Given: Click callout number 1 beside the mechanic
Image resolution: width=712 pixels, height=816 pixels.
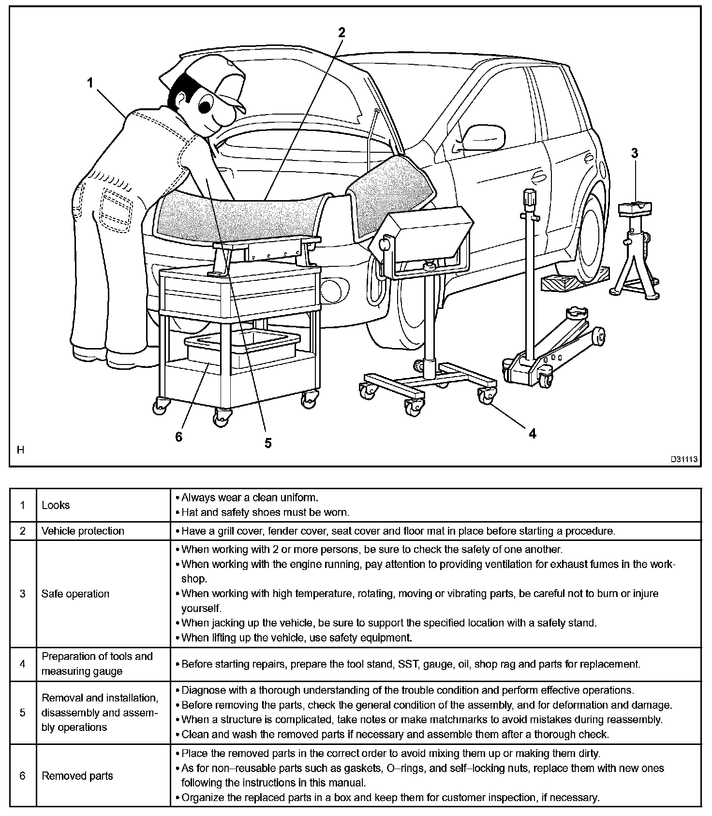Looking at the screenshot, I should [90, 83].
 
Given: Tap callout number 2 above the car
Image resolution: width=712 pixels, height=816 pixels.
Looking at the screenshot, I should [341, 32].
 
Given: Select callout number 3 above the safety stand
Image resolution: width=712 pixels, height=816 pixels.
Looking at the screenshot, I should [635, 153].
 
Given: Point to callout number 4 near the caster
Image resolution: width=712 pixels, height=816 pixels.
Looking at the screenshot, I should [533, 434].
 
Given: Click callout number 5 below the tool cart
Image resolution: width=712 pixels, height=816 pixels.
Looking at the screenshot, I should [268, 442].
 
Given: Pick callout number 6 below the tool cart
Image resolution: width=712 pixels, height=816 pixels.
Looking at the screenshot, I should [179, 437].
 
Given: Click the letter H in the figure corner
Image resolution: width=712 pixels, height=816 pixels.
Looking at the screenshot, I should [20, 450].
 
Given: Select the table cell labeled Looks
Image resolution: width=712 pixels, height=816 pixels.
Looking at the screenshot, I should [56, 505].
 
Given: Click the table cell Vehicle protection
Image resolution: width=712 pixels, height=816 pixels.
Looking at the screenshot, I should [83, 531].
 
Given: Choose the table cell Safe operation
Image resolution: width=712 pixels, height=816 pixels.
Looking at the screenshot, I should [75, 594].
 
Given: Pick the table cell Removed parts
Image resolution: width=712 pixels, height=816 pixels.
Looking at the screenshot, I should [77, 776].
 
